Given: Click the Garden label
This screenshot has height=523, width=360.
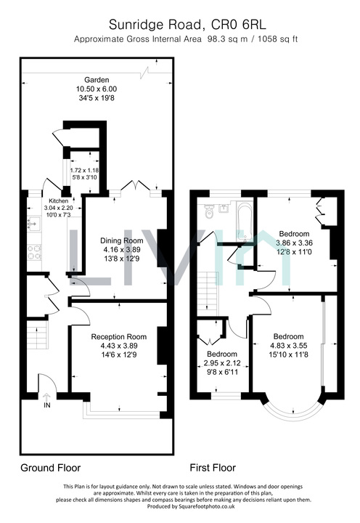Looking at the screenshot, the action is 97,80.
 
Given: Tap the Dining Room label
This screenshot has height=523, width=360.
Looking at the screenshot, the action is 122,240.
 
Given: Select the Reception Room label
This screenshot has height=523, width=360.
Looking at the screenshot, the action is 119,337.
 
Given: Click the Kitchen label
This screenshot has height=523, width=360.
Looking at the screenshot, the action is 59,200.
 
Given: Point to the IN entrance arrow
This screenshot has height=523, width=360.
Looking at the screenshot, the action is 46,397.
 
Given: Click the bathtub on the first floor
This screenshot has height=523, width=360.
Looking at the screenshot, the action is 245,221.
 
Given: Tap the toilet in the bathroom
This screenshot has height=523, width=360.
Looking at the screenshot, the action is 209,211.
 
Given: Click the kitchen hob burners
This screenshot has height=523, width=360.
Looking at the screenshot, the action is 34,253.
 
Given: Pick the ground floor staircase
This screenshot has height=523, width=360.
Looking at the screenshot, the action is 37,335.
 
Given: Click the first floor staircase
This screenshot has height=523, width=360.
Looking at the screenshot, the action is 208,293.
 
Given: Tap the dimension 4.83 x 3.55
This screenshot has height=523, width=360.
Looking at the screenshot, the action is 288,346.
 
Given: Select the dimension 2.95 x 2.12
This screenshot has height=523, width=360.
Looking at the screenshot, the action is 222,363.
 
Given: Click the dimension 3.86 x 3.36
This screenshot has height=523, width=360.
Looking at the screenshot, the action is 295,243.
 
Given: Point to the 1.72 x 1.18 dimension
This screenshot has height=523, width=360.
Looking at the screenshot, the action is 84,170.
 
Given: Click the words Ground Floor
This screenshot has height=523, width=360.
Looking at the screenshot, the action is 51,468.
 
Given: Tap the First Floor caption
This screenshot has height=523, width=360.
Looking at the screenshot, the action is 213,468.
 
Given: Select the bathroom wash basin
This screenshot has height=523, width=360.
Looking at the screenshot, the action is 224,208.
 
